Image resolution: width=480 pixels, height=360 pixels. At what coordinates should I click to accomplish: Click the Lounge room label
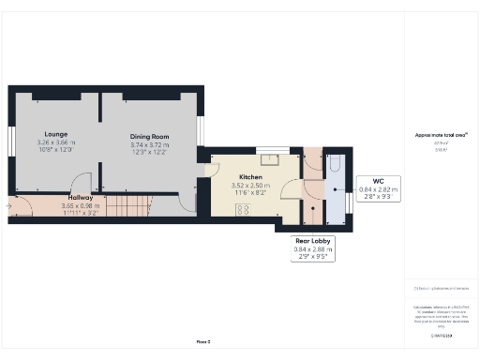click(x=52, y=134)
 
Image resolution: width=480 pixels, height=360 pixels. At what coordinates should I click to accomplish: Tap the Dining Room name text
click(x=149, y=137)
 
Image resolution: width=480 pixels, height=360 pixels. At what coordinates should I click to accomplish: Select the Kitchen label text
click(x=249, y=176)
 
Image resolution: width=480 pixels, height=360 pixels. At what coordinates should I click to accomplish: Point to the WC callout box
click(x=379, y=187)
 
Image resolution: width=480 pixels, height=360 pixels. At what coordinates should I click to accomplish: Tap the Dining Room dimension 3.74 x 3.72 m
click(x=150, y=145)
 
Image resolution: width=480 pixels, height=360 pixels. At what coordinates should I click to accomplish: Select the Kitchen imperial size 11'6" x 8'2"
click(x=253, y=192)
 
